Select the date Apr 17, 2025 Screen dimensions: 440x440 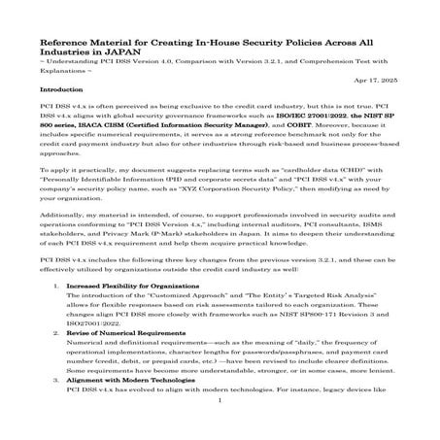tap(382, 79)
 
